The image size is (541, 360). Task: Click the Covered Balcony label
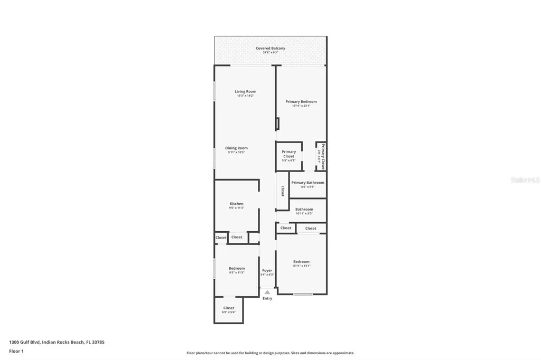270,49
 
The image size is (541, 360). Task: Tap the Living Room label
245,92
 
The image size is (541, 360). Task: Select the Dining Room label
236,148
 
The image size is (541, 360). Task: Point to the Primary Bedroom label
301,102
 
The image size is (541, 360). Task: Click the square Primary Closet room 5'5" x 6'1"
288,156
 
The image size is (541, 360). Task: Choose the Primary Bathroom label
307,183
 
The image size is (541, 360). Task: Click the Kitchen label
236,204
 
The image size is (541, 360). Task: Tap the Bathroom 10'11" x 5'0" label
304,210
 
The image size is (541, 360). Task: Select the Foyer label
267,270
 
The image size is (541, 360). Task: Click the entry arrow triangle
267,292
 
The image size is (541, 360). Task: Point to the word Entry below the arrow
267,299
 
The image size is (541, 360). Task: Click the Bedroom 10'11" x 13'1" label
301,262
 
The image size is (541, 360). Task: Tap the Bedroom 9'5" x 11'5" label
236,268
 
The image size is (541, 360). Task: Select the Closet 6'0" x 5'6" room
229,310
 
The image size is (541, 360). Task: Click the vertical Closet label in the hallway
283,191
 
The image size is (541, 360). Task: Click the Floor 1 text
16,350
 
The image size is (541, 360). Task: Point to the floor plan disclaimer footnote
270,353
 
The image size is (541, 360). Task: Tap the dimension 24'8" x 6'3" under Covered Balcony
270,53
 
